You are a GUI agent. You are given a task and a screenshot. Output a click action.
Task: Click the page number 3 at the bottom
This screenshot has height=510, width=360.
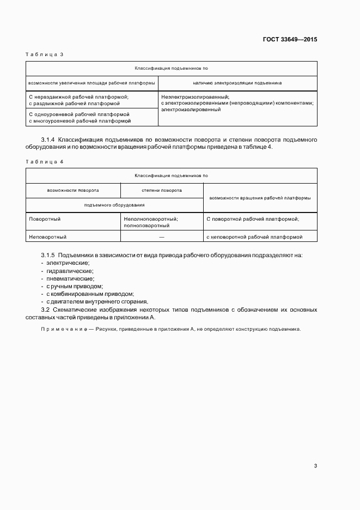tap(315, 465)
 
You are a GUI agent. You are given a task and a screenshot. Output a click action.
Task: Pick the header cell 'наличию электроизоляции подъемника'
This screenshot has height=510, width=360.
tap(237, 83)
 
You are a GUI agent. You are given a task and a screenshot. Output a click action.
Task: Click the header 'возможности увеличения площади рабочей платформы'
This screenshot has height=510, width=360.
tap(91, 83)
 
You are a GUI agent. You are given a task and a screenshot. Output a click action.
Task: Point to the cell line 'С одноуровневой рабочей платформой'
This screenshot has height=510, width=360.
tap(79, 114)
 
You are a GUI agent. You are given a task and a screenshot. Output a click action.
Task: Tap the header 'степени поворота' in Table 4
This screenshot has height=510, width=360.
tap(162, 190)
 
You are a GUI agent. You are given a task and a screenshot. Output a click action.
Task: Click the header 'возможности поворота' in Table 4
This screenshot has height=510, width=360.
tap(73, 190)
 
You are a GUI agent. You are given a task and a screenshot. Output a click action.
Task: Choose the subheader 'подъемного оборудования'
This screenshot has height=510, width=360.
tap(114, 204)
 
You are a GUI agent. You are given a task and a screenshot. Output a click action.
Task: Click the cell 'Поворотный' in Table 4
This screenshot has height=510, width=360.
tap(45, 218)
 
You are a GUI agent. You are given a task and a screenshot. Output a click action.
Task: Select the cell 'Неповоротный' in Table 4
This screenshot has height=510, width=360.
tap(47, 237)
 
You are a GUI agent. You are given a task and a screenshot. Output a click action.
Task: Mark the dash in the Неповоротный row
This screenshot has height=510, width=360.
tap(162, 237)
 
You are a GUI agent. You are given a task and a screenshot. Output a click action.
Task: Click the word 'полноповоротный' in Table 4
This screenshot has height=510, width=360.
tap(147, 225)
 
